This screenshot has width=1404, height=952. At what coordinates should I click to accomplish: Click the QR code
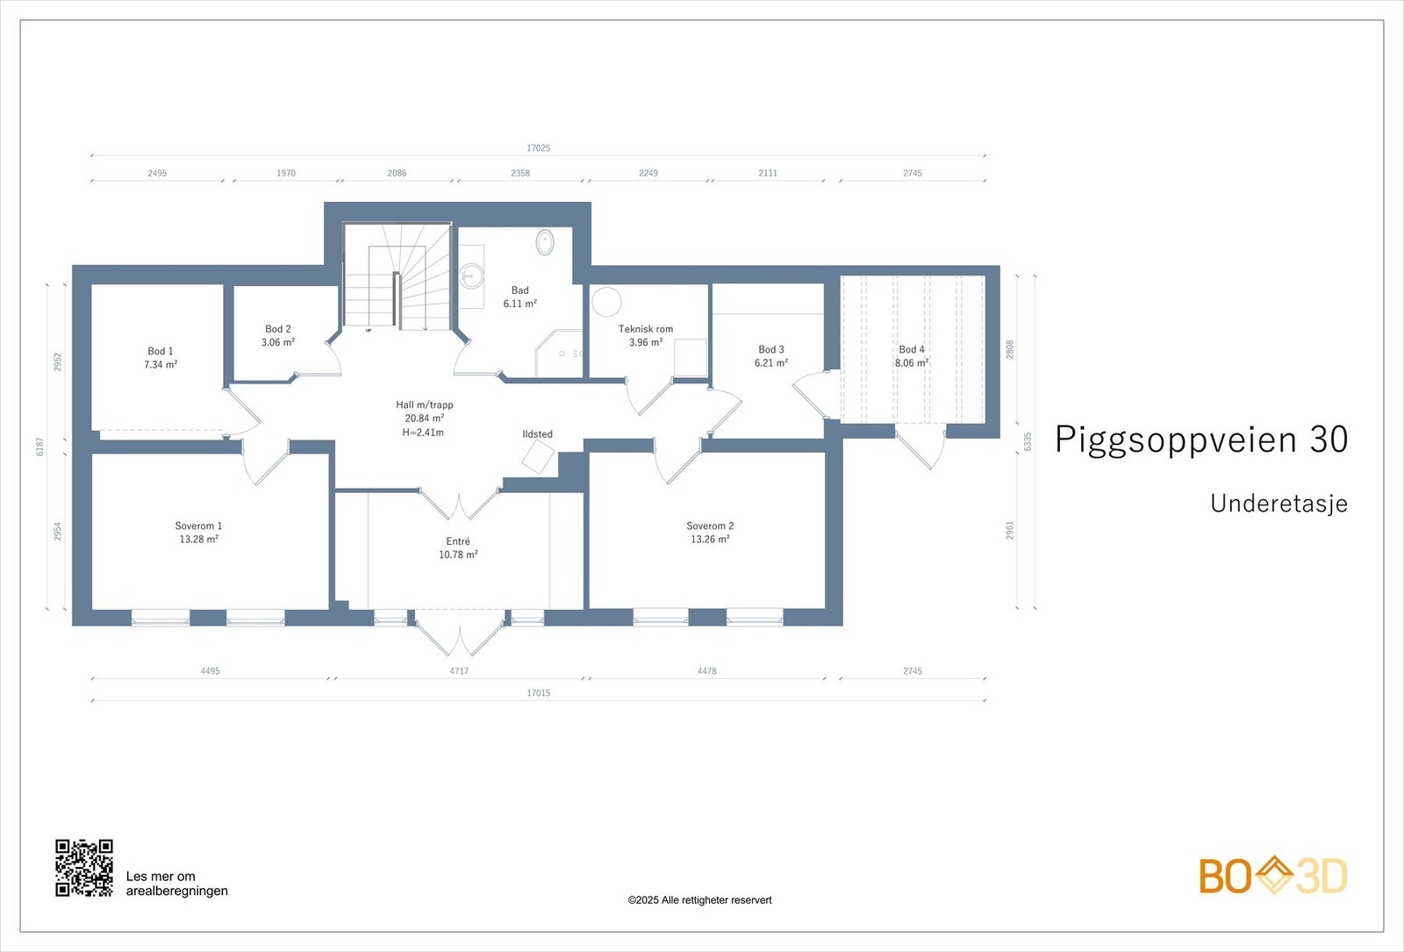point(84,868)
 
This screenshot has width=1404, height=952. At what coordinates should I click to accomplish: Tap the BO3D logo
point(1272,876)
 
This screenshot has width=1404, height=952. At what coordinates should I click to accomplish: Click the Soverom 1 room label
point(198,526)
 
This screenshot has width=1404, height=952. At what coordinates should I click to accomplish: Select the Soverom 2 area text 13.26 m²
point(710,540)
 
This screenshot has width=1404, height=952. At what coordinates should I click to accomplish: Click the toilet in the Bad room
point(545,241)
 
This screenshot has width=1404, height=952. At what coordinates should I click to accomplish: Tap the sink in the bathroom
point(471,276)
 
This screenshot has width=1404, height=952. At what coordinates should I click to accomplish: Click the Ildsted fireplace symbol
point(538,456)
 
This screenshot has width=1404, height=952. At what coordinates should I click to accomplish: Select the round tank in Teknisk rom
point(606,302)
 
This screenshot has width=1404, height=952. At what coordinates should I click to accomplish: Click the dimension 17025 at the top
point(538,148)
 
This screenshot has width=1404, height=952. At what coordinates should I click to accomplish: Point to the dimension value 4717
point(459,671)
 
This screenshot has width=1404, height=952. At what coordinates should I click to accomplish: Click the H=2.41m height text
point(423,433)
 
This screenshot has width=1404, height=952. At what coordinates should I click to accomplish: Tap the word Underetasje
point(1279,504)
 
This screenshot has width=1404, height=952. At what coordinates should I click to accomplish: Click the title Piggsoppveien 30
point(1200,440)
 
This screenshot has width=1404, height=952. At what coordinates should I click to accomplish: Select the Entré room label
point(458,541)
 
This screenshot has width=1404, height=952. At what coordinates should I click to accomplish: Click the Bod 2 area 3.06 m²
point(278,342)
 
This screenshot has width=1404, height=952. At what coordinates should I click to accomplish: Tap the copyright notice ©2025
point(699,900)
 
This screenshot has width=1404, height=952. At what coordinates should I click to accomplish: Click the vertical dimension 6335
point(1028,441)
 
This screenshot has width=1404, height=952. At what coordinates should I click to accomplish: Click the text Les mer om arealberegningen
point(176,884)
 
